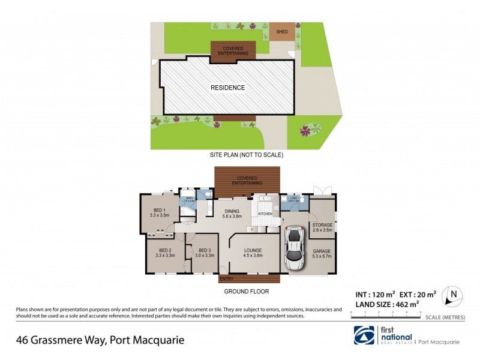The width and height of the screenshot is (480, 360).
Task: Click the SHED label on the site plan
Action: pyautogui.click(x=281, y=31)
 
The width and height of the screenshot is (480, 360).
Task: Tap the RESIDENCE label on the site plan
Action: pyautogui.click(x=227, y=88)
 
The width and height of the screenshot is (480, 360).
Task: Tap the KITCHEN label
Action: pyautogui.click(x=265, y=214)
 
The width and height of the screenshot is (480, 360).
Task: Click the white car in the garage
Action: pyautogui.click(x=294, y=248)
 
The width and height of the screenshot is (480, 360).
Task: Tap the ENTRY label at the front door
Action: pyautogui.click(x=227, y=278)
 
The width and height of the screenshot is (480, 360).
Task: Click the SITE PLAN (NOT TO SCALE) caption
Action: pyautogui.click(x=246, y=155)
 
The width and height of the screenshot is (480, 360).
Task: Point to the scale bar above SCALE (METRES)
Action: pyautogui.click(x=386, y=313)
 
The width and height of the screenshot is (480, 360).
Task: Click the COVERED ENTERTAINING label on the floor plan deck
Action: pyautogui.click(x=248, y=180)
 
